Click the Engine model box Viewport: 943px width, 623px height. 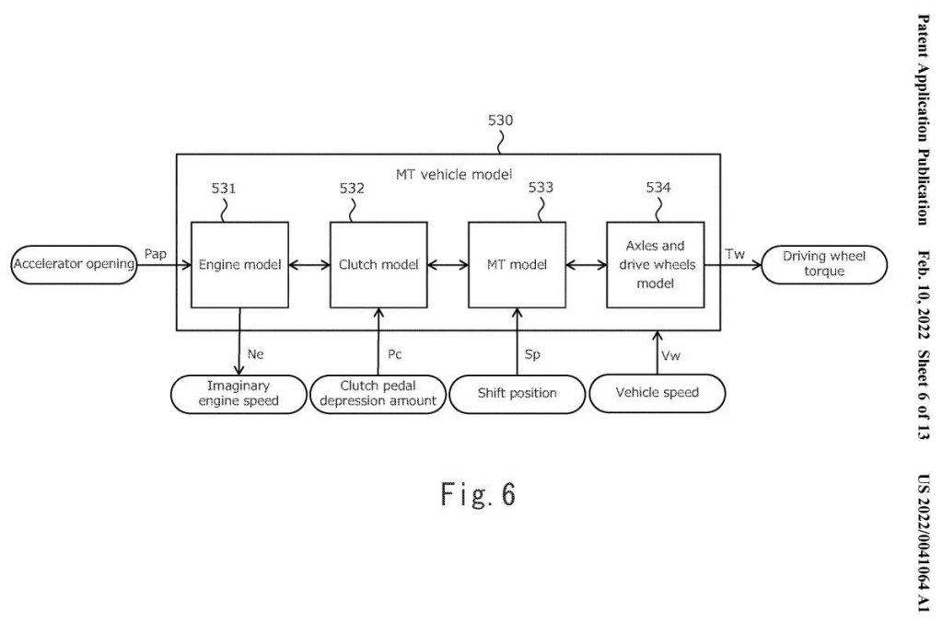coord(239,264)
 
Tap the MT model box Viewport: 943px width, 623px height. coord(517,264)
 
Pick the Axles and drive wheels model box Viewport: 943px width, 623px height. coord(655,264)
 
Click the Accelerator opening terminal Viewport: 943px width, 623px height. coord(74,265)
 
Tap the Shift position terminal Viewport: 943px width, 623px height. coord(517,394)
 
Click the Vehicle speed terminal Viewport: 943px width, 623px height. coord(657,393)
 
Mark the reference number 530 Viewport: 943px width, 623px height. coord(500,121)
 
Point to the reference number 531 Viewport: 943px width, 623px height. coord(224,189)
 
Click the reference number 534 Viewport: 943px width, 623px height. coord(658,188)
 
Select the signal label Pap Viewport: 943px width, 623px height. coord(156,253)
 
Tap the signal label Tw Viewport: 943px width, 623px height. coord(735,253)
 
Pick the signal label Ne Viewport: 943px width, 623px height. coord(256,352)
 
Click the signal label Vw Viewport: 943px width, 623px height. coord(671,353)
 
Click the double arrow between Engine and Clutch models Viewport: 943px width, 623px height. coord(309,265)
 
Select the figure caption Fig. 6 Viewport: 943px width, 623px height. coord(478,495)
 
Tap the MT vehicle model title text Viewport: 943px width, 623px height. coord(448,173)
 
